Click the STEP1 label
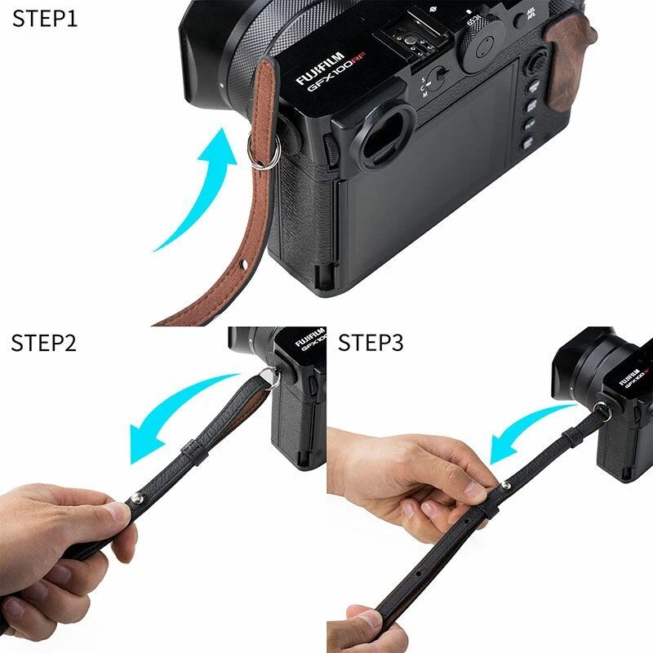click(45, 19)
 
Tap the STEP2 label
click(44, 343)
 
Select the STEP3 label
click(371, 343)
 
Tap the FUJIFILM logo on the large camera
click(320, 68)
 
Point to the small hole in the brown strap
click(244, 264)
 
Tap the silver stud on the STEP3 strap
click(505, 484)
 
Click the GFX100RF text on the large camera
click(336, 74)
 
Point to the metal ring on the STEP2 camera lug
click(269, 378)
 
